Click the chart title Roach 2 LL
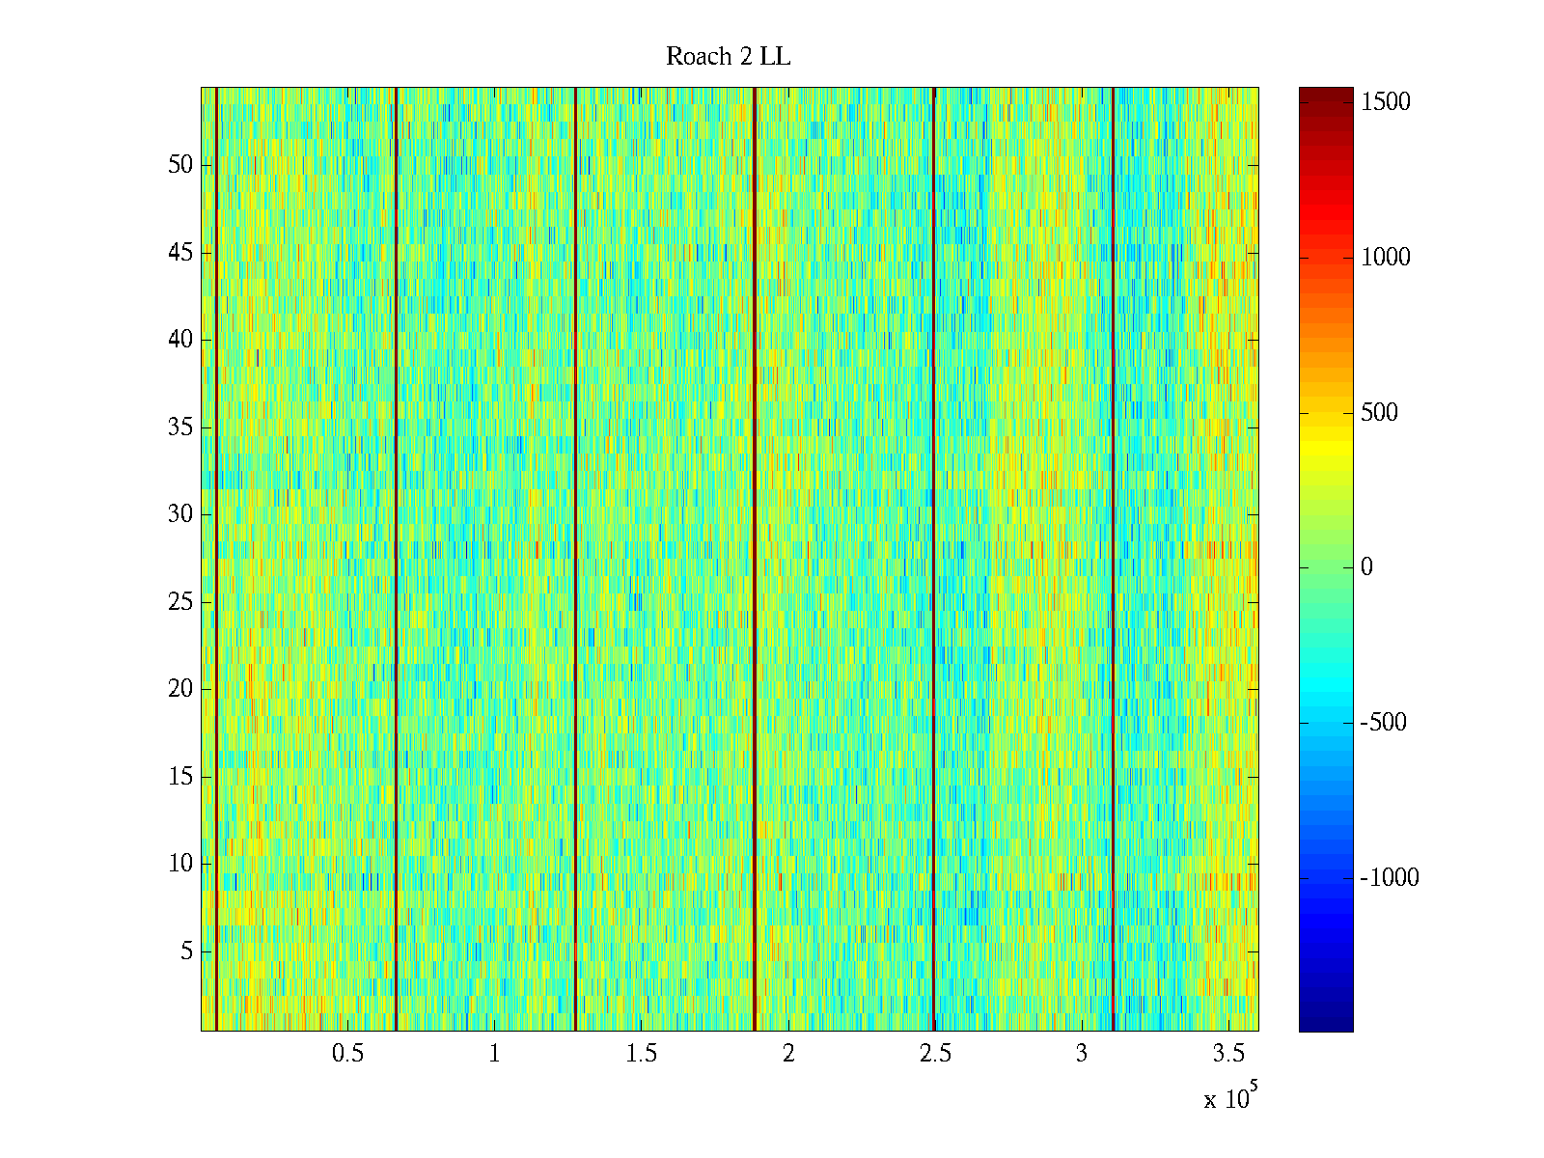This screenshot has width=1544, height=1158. point(728,57)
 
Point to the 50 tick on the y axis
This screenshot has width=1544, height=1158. point(180,164)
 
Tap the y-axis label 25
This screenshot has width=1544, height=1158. point(180,601)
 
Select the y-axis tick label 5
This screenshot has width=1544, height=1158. point(186,951)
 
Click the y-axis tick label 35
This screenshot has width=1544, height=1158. point(180,427)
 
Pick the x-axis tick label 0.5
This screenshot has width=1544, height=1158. point(347,1054)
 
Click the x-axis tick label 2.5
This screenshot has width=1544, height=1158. point(935,1054)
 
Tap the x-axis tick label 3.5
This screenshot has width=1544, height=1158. point(1228,1054)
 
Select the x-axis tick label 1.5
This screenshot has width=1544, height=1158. point(641,1054)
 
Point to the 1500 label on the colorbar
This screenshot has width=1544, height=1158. point(1386,102)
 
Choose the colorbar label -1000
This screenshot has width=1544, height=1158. point(1390,877)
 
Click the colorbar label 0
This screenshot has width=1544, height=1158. point(1366,567)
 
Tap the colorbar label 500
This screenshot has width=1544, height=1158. point(1380,413)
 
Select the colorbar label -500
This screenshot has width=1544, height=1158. point(1384,723)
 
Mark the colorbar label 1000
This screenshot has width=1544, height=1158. point(1386,258)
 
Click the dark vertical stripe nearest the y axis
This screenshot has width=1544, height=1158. point(216,560)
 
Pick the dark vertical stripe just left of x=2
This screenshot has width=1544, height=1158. point(754,560)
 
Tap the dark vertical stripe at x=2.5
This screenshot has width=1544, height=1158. point(934,560)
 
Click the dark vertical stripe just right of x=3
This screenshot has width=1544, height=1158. point(1113,560)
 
